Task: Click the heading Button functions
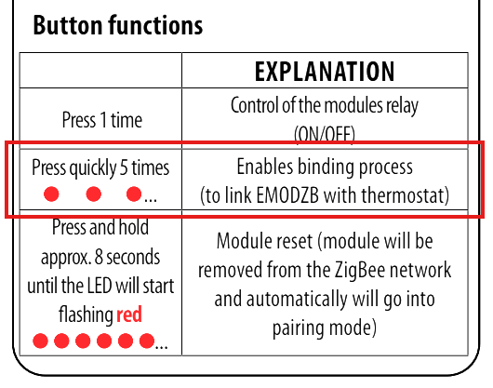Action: (x=118, y=25)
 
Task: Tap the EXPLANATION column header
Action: (x=325, y=72)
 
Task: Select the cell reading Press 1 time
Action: (x=102, y=120)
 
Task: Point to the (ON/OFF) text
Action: (x=325, y=134)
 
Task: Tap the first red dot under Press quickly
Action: (x=51, y=194)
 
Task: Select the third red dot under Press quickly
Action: (x=134, y=194)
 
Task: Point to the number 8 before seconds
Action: (x=99, y=257)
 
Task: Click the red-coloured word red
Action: (x=129, y=314)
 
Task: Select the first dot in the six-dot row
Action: (x=40, y=341)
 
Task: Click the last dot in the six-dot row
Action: (x=147, y=341)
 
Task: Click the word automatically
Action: (x=297, y=300)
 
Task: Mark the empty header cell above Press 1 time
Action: (x=100, y=70)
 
